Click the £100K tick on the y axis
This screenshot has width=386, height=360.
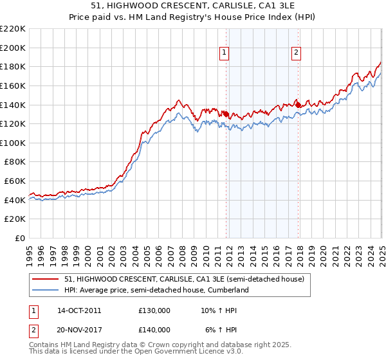point(13,143)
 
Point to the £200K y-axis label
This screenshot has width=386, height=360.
point(13,48)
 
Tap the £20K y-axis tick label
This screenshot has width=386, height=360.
point(15,219)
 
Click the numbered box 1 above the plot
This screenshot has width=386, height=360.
point(225,53)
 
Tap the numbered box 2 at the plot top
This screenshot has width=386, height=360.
point(296,53)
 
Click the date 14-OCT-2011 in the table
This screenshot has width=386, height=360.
point(79,310)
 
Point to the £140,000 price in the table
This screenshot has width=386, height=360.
point(154,330)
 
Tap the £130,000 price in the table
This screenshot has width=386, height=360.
point(154,310)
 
